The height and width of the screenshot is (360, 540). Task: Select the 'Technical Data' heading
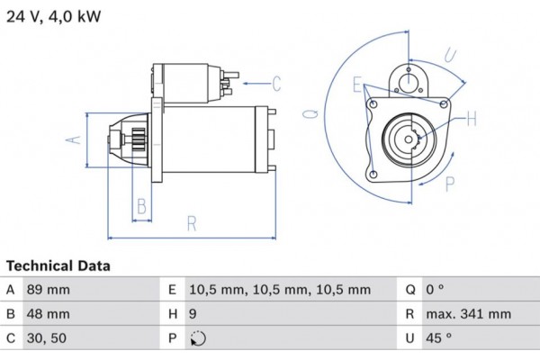tap(58, 266)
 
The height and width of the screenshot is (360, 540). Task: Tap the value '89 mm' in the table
tap(49, 290)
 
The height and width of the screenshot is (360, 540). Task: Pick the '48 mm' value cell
tap(49, 314)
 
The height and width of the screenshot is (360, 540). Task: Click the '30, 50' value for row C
tap(48, 339)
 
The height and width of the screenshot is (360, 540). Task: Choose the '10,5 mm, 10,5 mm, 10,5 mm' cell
tap(280, 290)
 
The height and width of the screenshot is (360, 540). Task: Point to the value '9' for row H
tap(193, 314)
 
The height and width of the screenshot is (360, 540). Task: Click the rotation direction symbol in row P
tap(198, 339)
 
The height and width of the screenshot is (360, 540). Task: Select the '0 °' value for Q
tap(436, 290)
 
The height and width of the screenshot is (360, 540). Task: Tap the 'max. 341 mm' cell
tap(468, 314)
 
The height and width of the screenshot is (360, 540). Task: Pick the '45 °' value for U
tap(439, 339)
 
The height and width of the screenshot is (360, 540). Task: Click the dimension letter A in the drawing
tap(76, 139)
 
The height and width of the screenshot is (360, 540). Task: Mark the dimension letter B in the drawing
tap(140, 208)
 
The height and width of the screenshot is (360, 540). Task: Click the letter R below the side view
tap(192, 225)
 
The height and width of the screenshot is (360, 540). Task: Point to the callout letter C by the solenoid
tap(276, 85)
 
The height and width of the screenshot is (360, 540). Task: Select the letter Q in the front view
tap(310, 114)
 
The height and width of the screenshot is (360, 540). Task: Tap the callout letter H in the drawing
tap(472, 117)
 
